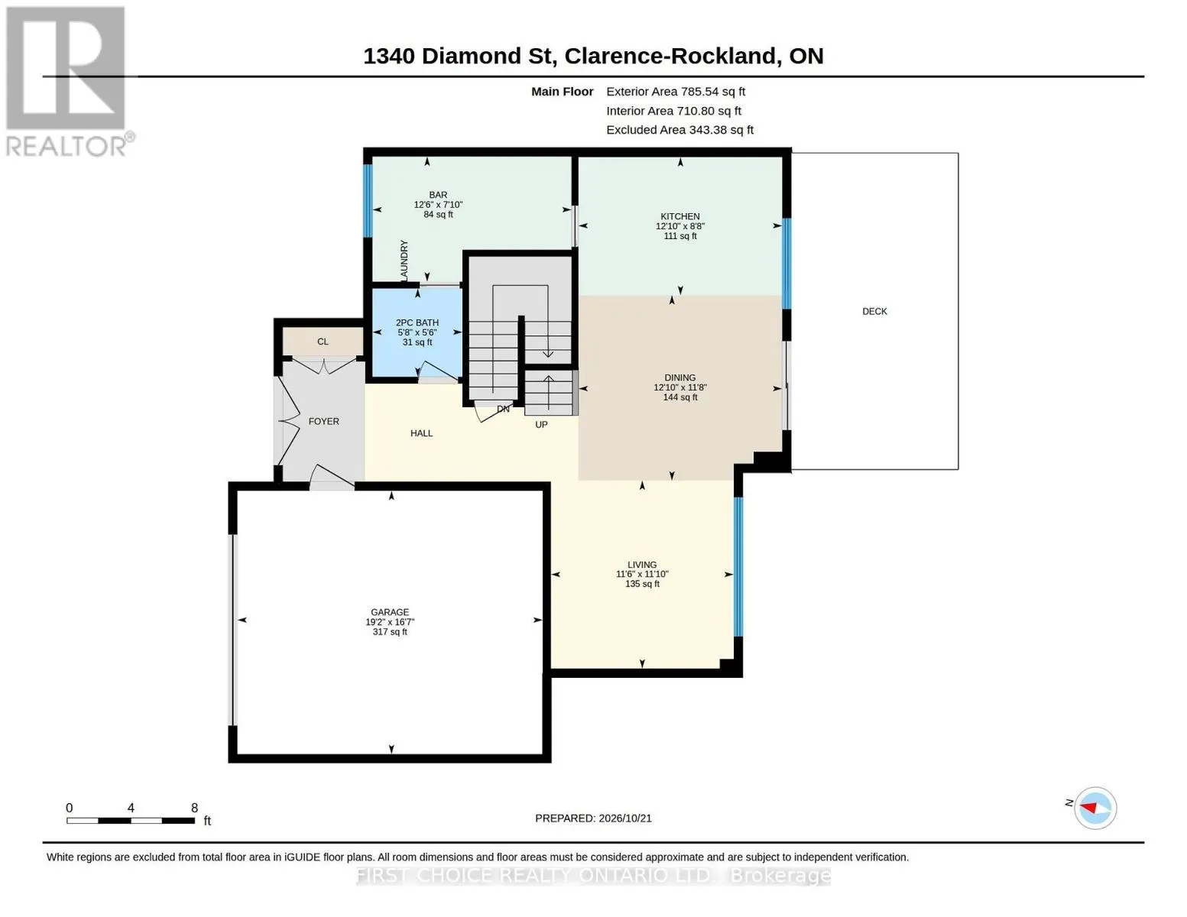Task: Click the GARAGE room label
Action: coord(390,612)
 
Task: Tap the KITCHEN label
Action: coord(679,216)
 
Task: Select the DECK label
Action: coord(874,311)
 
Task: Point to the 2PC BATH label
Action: coord(417,322)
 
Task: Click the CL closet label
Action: coord(323,342)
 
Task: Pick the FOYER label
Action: coord(324,421)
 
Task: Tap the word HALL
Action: coord(421,433)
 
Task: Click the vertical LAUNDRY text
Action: coord(404,260)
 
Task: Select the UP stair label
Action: coord(541,424)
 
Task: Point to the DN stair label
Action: coord(503,409)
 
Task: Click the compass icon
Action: coord(1095,808)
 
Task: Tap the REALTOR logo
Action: coord(67,82)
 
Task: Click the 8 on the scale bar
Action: coord(194,807)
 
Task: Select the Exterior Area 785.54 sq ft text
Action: coord(676,92)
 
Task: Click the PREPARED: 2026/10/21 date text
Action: coord(593,818)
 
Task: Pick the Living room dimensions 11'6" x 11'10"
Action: coord(642,574)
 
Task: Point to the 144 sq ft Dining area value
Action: coord(680,397)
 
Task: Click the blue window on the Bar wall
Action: coord(368,200)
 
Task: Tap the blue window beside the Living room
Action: coord(738,566)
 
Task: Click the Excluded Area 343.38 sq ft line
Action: coord(679,130)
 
